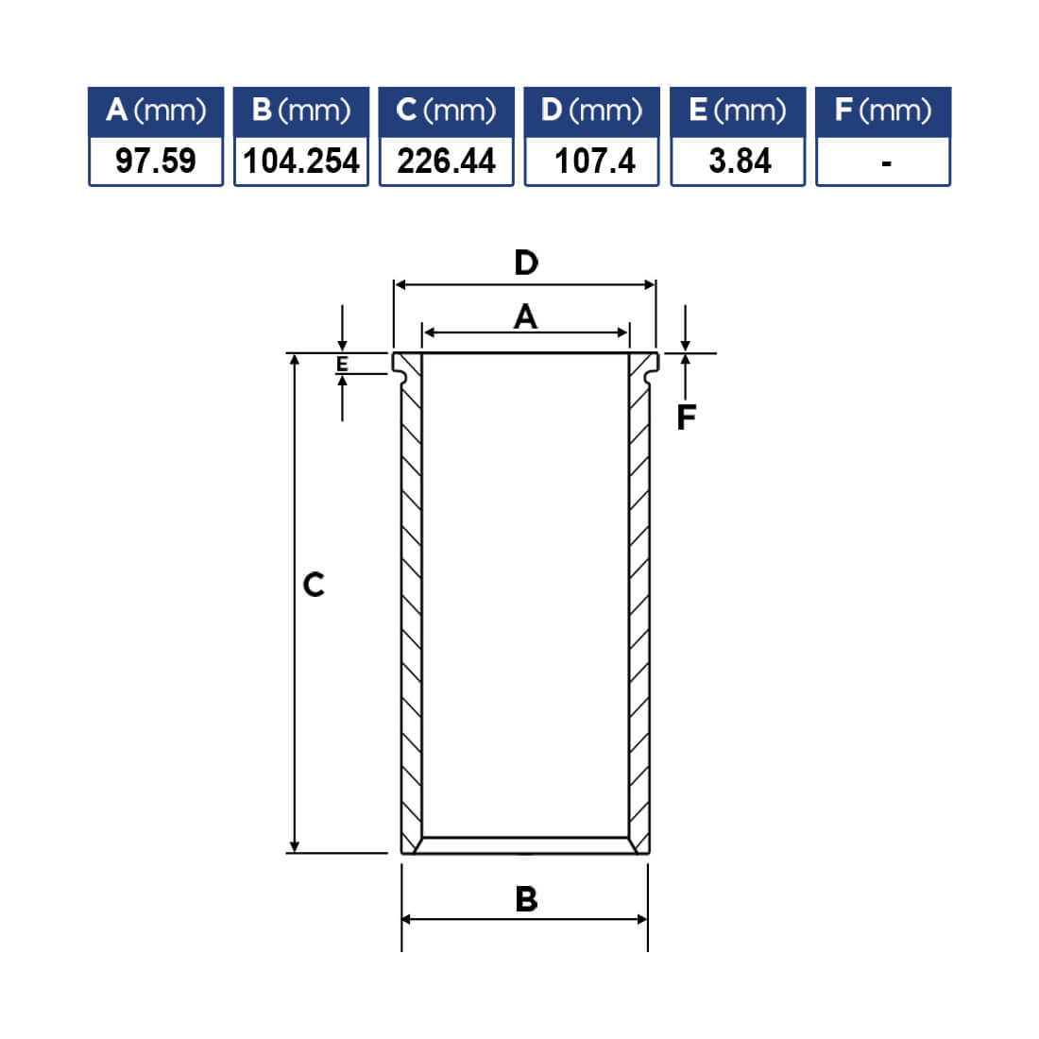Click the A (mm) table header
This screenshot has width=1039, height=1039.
(156, 111)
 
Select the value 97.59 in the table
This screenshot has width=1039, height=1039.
(156, 161)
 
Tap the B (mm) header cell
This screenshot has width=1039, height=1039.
(301, 111)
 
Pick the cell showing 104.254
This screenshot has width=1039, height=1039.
(301, 161)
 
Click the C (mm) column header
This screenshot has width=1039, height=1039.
(447, 111)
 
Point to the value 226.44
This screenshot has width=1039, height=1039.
(447, 161)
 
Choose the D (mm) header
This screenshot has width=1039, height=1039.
(591, 111)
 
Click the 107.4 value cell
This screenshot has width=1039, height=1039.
(591, 161)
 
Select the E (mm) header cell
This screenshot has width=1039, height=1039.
(738, 111)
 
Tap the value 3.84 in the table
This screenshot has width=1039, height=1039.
(738, 161)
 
